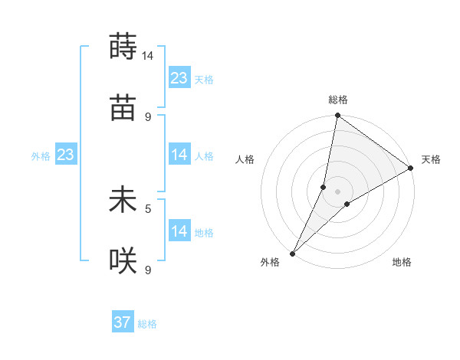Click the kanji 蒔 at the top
coord(123,46)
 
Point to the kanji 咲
coord(123,262)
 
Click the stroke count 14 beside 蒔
coord(147,56)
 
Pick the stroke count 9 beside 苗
coord(148,117)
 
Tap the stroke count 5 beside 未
coord(148,208)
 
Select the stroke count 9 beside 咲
coord(148,270)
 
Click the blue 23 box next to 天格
coord(179,78)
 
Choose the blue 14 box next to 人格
coord(179,155)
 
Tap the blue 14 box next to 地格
coord(179,231)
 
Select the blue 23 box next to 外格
coord(66,155)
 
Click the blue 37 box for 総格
coord(123,322)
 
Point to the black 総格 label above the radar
coord(338,100)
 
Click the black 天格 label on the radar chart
coord(431,160)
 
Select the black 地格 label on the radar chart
coord(402,262)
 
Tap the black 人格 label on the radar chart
coord(245,160)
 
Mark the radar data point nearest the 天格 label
coord(410,169)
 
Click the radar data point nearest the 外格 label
coord(293,253)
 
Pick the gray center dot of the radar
coord(338,191)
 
